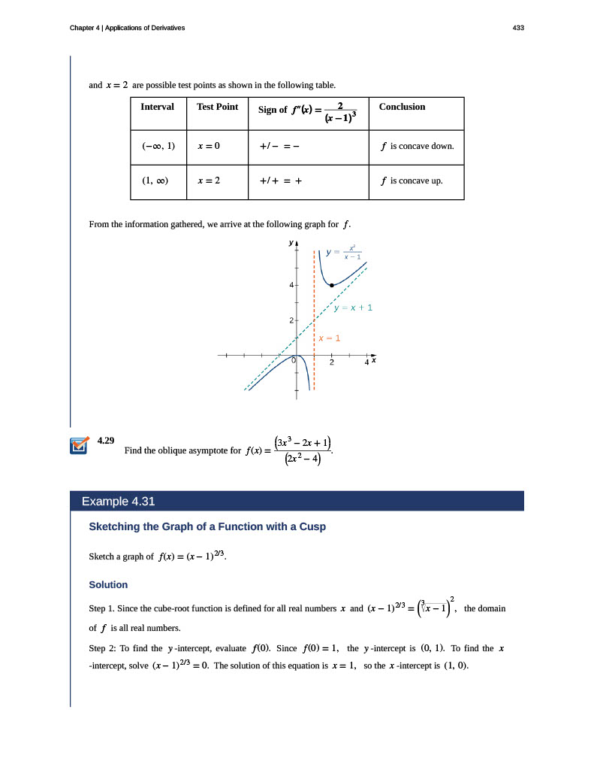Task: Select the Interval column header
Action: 157,107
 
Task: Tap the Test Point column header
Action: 217,107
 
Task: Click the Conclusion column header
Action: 402,107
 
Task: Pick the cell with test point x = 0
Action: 208,146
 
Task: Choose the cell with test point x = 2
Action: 208,181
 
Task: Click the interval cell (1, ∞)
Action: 155,181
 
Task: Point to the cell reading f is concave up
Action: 412,181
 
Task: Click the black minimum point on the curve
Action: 332,285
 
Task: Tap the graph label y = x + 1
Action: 352,308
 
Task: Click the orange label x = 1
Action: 329,338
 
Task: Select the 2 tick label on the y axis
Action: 291,321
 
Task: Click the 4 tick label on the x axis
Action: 366,362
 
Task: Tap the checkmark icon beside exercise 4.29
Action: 77,446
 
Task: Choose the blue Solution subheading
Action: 108,584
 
